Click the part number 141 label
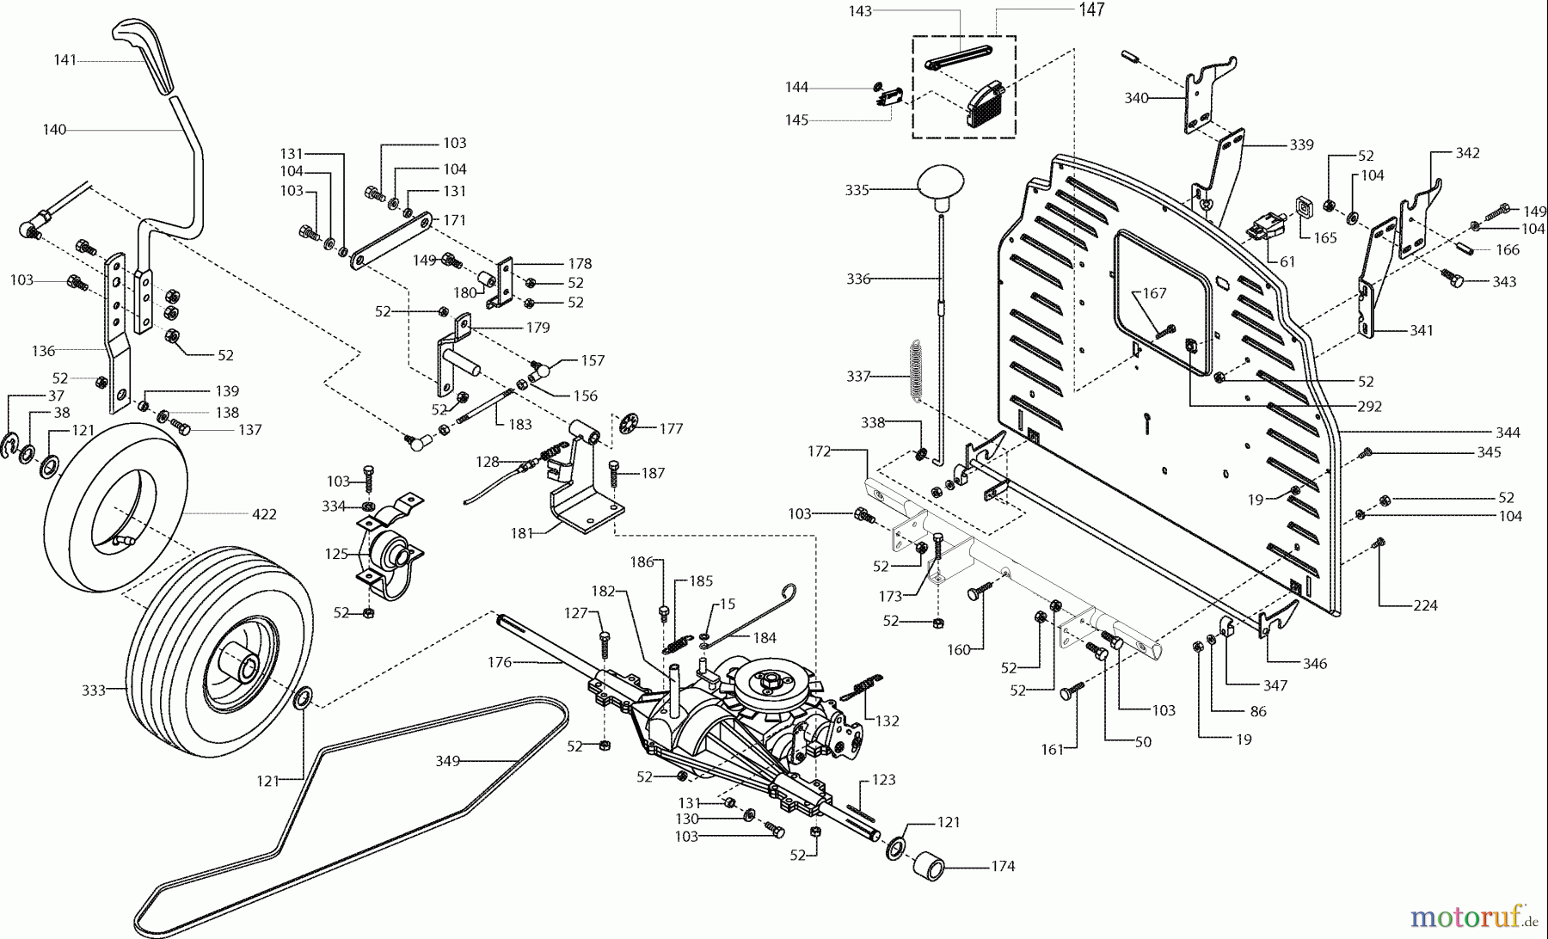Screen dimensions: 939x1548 (64, 60)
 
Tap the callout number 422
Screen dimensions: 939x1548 (264, 514)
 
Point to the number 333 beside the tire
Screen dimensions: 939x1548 (93, 690)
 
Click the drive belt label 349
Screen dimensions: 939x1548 (447, 760)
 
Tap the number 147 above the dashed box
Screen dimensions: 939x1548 (1091, 10)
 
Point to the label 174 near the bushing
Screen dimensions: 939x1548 (1003, 866)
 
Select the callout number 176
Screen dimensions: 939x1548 (499, 662)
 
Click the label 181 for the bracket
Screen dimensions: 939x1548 (521, 533)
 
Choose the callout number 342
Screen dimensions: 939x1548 (1467, 153)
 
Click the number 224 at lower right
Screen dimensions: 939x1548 (1425, 605)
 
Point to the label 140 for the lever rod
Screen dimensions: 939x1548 (54, 130)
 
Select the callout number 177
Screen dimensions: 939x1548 (671, 428)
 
